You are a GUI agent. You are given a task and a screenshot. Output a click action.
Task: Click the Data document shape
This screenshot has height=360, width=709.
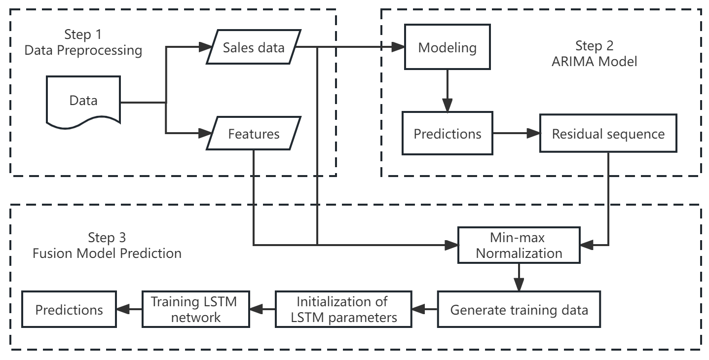click(83, 101)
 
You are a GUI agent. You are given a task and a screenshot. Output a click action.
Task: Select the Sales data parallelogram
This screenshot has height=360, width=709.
click(254, 47)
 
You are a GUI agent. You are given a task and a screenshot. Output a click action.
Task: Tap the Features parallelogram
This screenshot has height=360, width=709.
click(254, 134)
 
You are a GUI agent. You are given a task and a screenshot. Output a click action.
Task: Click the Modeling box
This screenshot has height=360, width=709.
click(447, 47)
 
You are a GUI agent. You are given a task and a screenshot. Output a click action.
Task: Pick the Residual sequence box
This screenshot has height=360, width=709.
click(608, 134)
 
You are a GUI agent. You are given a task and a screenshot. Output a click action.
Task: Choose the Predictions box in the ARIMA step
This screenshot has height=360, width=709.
click(447, 133)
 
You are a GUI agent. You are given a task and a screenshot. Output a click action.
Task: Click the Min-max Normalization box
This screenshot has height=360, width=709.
click(519, 245)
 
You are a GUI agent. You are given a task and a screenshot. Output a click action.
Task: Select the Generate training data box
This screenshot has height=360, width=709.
click(519, 309)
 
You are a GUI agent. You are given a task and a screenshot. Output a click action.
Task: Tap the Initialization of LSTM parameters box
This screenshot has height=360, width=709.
click(343, 309)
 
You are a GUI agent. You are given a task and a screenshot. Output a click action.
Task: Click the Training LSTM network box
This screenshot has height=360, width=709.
click(195, 309)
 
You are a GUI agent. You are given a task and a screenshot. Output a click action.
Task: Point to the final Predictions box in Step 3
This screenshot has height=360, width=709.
click(69, 309)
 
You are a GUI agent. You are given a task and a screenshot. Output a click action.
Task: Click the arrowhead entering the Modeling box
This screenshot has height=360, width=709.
click(398, 47)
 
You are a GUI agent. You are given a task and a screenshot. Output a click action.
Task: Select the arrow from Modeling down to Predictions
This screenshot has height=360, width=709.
click(447, 90)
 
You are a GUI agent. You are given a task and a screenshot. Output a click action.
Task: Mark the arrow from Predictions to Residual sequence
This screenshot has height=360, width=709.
click(516, 133)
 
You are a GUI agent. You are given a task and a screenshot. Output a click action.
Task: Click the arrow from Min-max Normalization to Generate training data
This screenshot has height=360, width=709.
click(519, 277)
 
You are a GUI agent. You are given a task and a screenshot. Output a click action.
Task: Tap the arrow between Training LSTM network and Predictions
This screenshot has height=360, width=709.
click(129, 309)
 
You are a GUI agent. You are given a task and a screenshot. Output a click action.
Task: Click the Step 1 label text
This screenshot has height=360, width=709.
click(83, 35)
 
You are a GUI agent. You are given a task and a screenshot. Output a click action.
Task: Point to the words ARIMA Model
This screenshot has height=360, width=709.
click(594, 61)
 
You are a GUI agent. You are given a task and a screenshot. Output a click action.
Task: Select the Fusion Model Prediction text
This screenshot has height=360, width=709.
click(107, 253)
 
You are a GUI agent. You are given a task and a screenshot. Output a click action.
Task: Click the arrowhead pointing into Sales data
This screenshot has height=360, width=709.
click(205, 47)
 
